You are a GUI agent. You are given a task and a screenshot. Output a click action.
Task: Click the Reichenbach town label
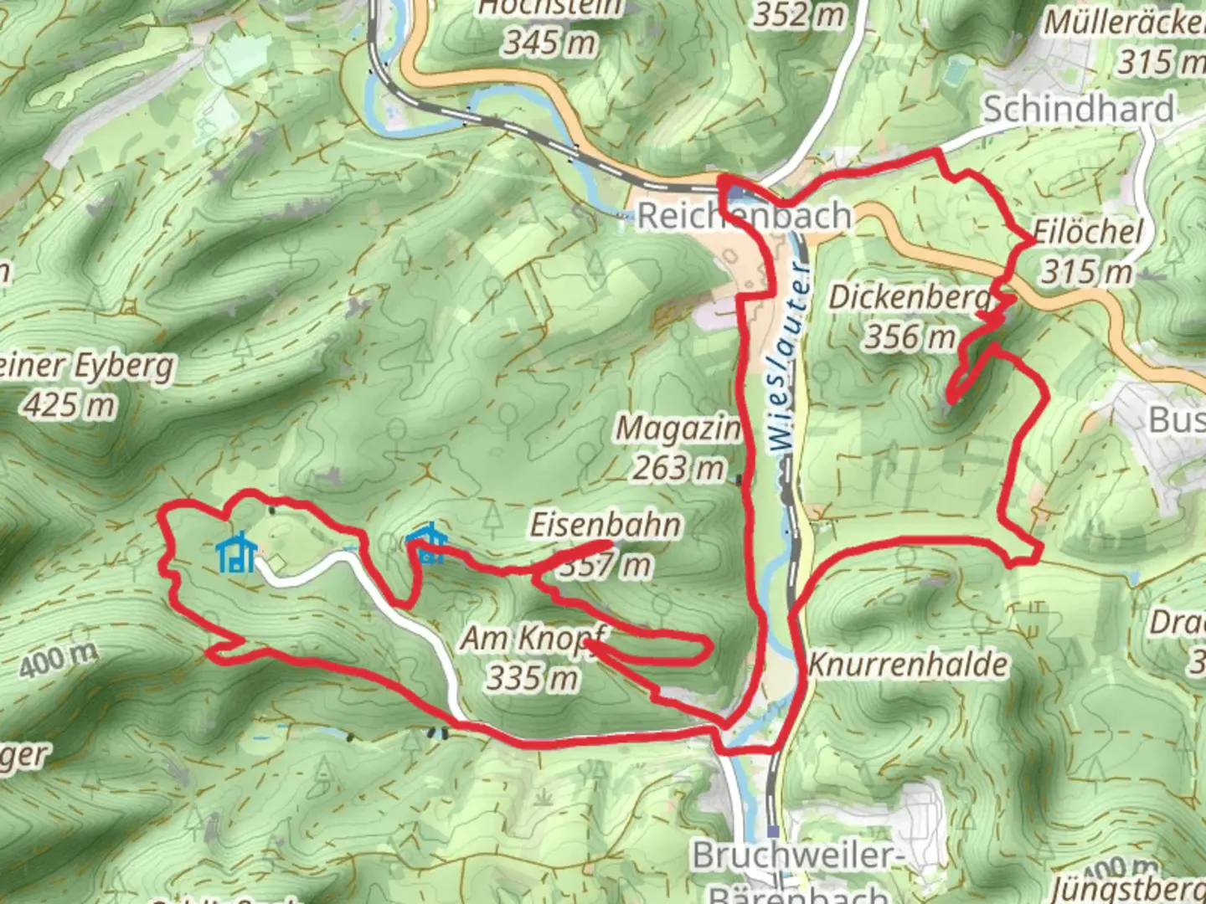coord(744,216)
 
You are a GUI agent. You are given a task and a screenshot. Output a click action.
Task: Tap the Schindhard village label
coord(1078,109)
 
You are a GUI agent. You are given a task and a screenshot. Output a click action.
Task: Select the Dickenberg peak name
coord(910,297)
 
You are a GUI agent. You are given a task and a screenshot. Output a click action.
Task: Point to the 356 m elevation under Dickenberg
coord(910,336)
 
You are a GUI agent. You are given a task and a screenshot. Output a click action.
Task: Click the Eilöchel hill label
coord(1087,232)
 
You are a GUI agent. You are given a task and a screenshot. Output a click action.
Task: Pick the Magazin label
coord(678,429)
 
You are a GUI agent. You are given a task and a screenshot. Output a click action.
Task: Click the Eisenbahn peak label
coord(606,526)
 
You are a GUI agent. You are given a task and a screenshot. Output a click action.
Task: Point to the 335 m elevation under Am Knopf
coord(532,677)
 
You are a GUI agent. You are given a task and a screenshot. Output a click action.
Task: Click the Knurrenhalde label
coord(908,665)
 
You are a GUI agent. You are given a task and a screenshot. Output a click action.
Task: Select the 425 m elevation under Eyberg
coord(70,406)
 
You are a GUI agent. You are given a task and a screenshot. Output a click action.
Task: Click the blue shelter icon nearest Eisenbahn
coord(425,544)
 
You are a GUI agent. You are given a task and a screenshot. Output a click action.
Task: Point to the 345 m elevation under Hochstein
coord(549,41)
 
